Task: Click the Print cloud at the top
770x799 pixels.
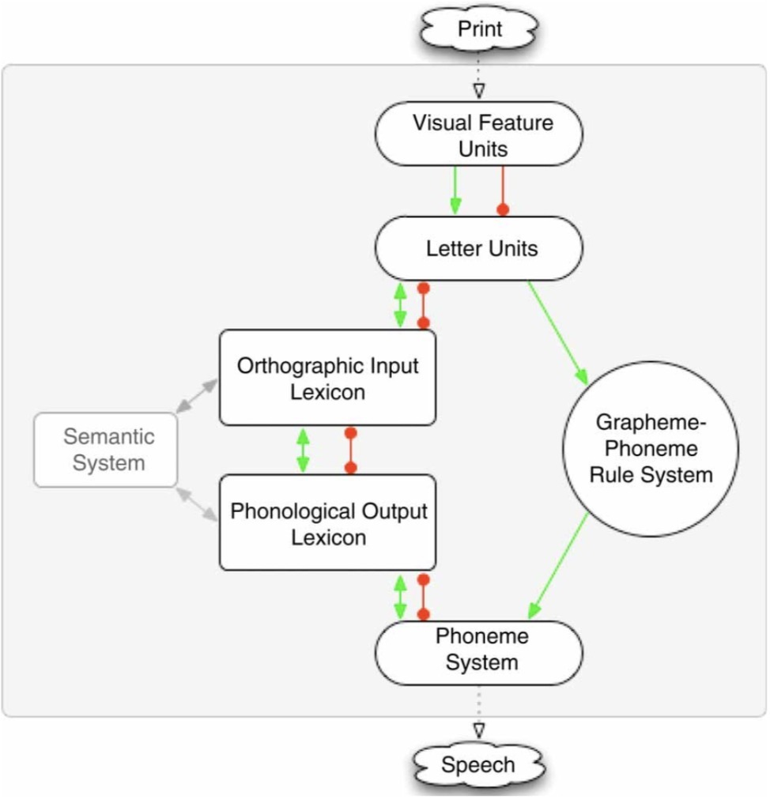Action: [x=479, y=29]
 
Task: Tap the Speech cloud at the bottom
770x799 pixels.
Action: [x=477, y=765]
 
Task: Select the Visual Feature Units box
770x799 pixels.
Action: [x=478, y=134]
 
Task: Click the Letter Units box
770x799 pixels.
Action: [x=478, y=248]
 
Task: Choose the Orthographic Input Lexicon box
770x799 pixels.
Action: [x=327, y=378]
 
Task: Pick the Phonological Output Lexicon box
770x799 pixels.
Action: [x=327, y=522]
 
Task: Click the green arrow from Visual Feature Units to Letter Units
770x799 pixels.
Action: [x=455, y=190]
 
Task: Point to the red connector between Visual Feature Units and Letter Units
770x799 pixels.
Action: [x=501, y=190]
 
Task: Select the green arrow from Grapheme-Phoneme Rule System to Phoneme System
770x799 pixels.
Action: [x=558, y=566]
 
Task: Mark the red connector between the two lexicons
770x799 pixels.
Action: [x=350, y=450]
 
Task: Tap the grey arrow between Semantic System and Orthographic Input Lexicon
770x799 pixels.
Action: [x=196, y=395]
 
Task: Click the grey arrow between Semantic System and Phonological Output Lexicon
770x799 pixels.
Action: [x=196, y=504]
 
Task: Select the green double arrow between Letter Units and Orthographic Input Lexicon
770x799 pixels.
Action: [x=400, y=305]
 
